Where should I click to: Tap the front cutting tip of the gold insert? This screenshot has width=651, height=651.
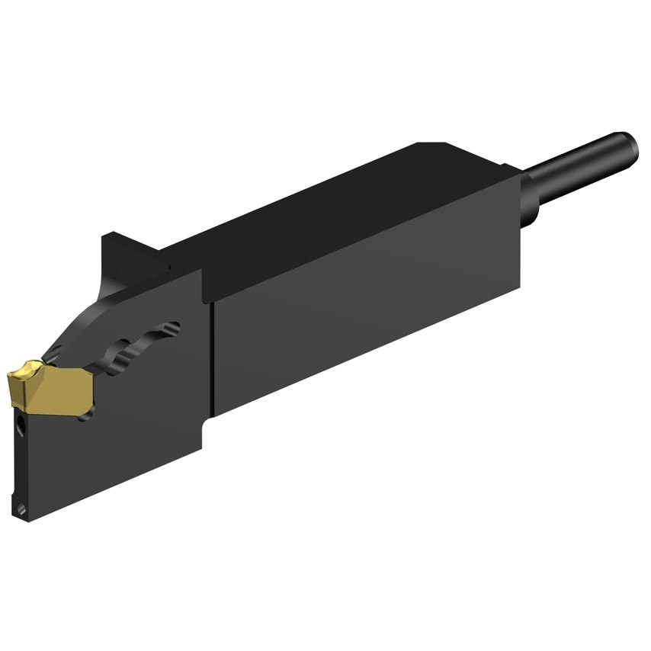pyautogui.click(x=14, y=376)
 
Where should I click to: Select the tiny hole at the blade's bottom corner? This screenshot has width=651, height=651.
pyautogui.click(x=21, y=508)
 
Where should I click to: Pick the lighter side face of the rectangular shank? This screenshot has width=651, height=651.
pyautogui.click(x=366, y=320)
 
